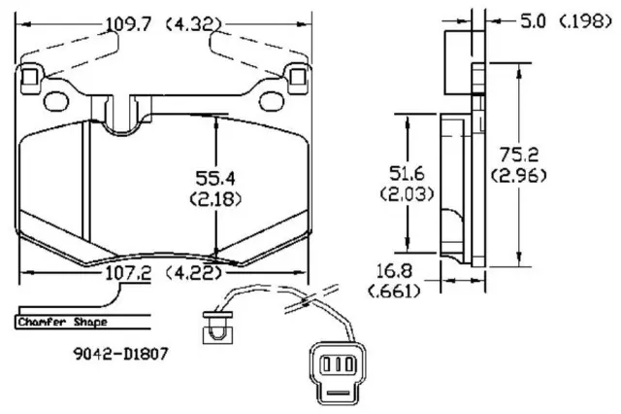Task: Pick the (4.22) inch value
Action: point(190,275)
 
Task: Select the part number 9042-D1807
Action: point(121,355)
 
